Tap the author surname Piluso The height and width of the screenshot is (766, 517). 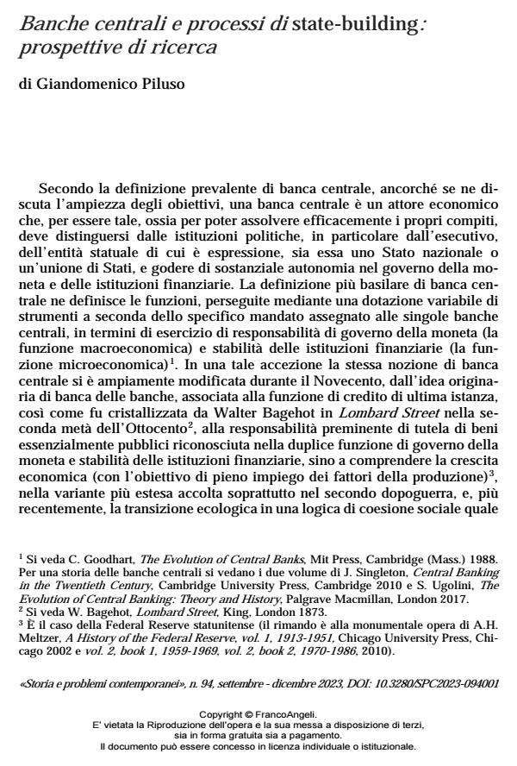pos(158,85)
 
